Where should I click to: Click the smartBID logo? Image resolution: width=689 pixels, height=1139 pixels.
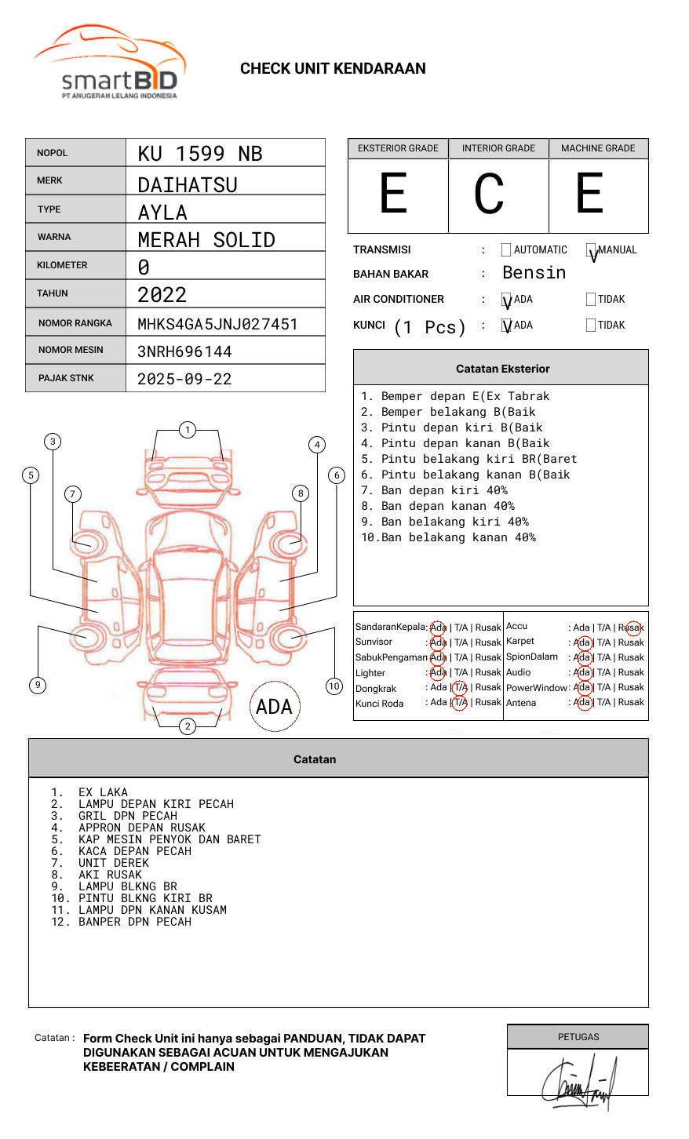click(110, 63)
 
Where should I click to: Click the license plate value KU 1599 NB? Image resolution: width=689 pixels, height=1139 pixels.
click(200, 154)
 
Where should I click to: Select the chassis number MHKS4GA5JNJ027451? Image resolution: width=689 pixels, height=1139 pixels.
click(217, 324)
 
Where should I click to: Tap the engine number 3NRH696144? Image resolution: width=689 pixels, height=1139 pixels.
click(184, 351)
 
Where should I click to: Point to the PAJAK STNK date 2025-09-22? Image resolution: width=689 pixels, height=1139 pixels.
click(184, 379)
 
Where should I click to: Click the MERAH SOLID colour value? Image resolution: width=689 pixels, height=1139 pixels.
click(206, 240)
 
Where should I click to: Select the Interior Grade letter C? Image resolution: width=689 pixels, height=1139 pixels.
click(489, 195)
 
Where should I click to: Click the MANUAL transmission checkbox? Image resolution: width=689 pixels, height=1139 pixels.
click(591, 250)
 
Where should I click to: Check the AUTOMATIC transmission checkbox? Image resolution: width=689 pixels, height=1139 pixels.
click(506, 250)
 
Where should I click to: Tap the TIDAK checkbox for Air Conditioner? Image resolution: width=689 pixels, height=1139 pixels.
click(591, 300)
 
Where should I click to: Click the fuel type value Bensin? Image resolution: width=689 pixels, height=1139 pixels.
click(534, 273)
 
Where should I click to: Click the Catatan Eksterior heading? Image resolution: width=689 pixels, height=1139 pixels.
click(502, 369)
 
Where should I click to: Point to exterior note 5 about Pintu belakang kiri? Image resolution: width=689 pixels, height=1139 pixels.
click(469, 459)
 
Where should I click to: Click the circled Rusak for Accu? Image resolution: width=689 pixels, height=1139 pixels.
click(632, 628)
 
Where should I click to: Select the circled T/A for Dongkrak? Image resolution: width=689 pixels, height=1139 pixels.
click(461, 687)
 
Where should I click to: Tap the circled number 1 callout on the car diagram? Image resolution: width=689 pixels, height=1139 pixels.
click(187, 430)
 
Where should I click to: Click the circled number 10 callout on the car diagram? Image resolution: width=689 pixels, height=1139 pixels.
click(334, 686)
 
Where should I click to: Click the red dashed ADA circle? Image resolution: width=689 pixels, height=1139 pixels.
click(274, 707)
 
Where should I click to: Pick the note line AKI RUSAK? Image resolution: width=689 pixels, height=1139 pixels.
click(110, 875)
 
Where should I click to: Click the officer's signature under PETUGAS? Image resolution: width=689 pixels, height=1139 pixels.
click(579, 1083)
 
